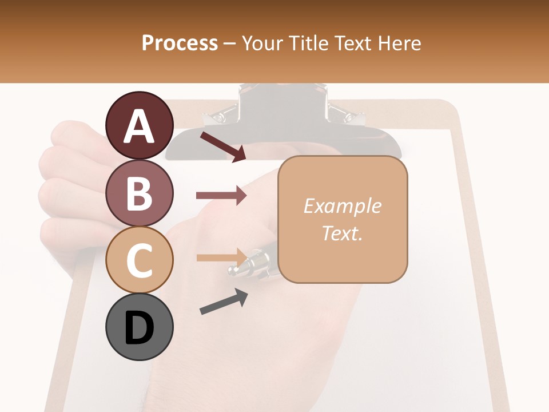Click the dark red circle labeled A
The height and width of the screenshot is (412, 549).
tap(140, 125)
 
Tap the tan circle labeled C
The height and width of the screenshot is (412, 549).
tap(140, 260)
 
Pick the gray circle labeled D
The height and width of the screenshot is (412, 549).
tap(140, 327)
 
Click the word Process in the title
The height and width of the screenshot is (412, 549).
tap(180, 43)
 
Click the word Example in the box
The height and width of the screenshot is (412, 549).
tap(342, 206)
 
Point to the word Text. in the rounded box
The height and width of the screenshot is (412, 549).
tap(342, 233)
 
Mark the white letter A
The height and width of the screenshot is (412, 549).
tap(140, 126)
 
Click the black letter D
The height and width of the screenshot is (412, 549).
tap(140, 328)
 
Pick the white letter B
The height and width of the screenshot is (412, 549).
tap(140, 193)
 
